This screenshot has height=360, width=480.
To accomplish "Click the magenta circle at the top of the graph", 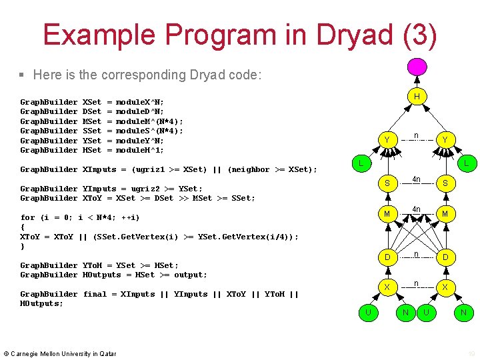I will click(x=417, y=67).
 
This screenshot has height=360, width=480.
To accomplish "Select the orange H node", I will click(x=417, y=97).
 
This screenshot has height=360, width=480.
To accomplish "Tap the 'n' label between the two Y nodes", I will click(x=416, y=135).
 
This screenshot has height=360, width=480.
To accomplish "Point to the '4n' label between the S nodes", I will click(x=416, y=179).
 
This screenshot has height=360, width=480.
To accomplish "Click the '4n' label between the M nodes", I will click(x=416, y=209).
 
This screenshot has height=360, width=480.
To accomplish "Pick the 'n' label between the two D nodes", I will click(x=416, y=253).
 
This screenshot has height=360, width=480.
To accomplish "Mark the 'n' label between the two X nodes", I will click(x=416, y=283).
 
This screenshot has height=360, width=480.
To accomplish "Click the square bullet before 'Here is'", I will click(x=22, y=75).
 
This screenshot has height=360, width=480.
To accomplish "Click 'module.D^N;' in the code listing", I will click(x=140, y=111).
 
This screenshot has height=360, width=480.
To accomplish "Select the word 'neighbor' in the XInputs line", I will click(x=251, y=169).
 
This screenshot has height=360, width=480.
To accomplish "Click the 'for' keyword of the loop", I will click(x=27, y=217).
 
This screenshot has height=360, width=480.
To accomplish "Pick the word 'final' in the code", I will click(x=95, y=294).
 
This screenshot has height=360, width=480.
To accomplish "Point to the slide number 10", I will click(x=471, y=353).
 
